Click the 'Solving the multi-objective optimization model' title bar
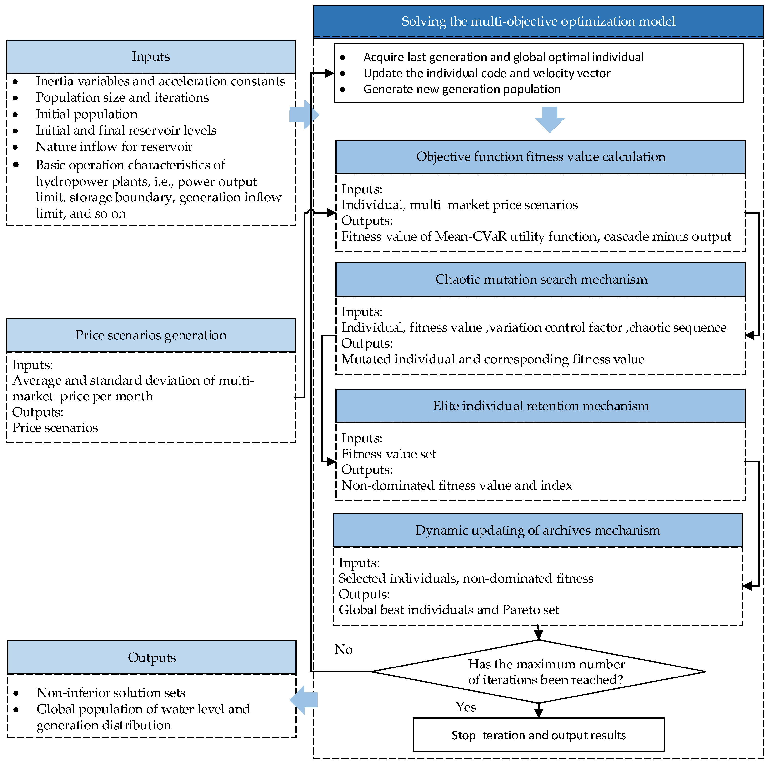coord(538,21)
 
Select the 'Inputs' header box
coord(151,57)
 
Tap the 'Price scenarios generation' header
coord(151,335)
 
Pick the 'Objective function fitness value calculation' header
coord(540,157)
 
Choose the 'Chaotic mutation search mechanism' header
coord(540,279)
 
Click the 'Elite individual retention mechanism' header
coord(540,406)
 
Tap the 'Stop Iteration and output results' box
coord(538,735)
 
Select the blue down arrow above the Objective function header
coord(550,119)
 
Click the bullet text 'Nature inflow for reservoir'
coord(114,147)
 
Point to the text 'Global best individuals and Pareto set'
coord(449,610)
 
